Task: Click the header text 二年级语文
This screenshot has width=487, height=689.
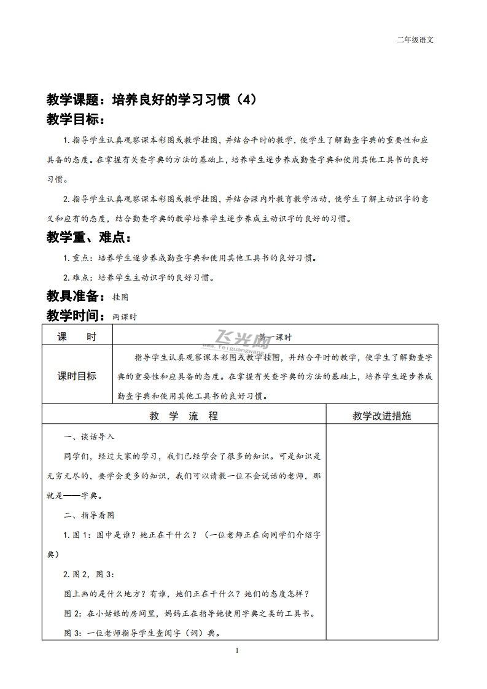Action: coord(416,41)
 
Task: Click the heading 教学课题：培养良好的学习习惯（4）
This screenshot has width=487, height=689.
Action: coord(150,99)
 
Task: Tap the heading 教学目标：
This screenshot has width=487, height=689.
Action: coord(76,119)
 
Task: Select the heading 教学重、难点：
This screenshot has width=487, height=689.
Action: coord(88,238)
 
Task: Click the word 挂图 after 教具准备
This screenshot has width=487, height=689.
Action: coord(120,297)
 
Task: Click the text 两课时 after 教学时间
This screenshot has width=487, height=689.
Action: coord(125,317)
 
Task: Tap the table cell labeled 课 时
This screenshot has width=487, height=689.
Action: coord(77,337)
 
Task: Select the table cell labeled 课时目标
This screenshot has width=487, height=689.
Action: coord(77,376)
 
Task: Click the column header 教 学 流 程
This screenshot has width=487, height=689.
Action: coord(184,416)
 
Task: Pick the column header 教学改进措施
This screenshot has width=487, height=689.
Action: coord(382,416)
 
